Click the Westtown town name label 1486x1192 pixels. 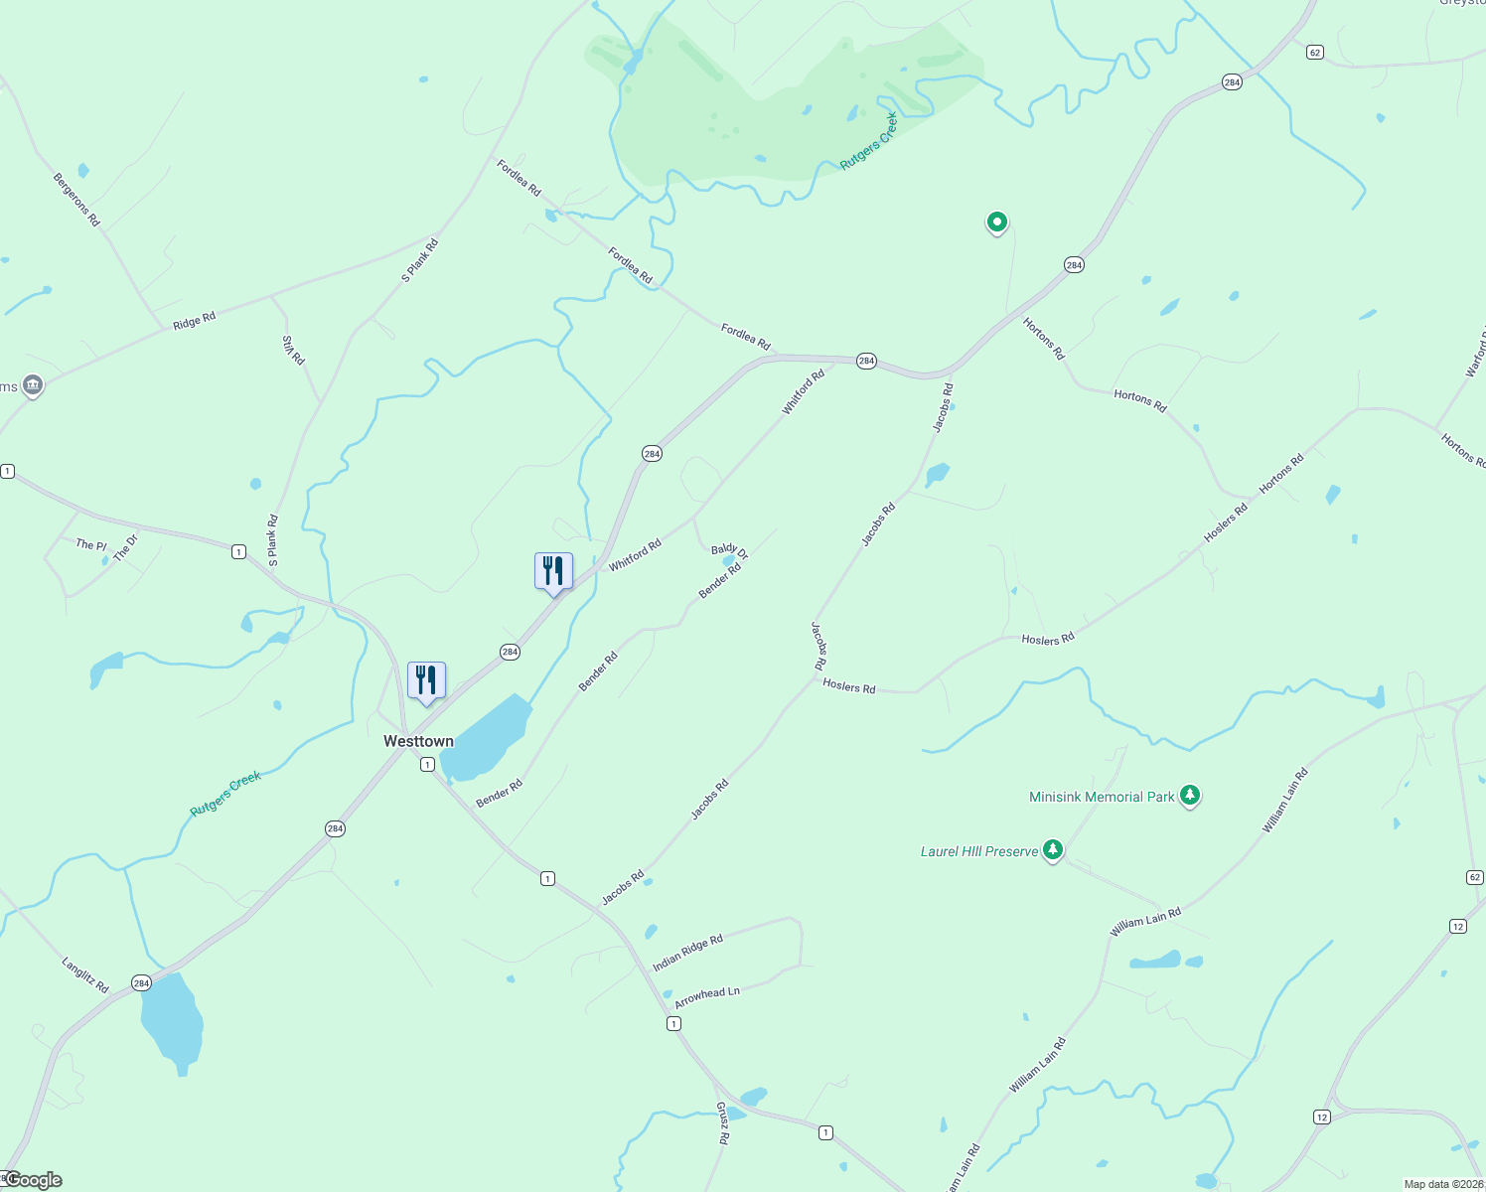coord(418,741)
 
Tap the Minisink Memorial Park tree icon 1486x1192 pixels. coord(1190,796)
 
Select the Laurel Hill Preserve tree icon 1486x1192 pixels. coord(1053,850)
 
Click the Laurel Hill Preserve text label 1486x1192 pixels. coord(978,851)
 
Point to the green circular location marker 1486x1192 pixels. coord(996,222)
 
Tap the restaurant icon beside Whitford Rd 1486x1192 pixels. coord(553,571)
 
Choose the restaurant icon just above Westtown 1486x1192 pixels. coord(426,680)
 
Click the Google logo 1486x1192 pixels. coord(33,1180)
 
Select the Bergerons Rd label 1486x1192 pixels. coord(76,200)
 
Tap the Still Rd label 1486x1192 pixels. coord(292,350)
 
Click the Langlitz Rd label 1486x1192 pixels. coord(85,974)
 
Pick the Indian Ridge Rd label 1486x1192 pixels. coord(687,953)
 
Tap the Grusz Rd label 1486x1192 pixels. coord(723,1123)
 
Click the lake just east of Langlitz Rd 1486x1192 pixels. coord(172,1020)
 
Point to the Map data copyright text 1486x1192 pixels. coord(1443,1184)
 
